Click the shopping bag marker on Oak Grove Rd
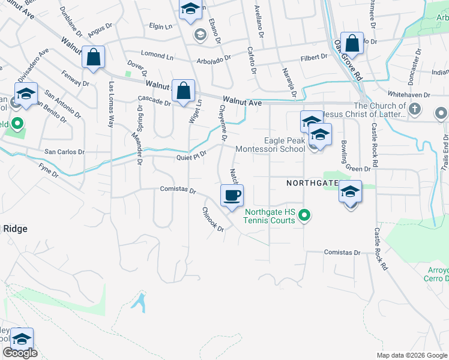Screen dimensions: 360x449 pos(352,43)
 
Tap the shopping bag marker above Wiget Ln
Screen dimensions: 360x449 pos(183,91)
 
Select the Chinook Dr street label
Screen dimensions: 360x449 pos(212,220)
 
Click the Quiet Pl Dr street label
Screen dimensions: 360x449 pos(191,156)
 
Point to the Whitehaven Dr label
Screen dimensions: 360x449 pos(409,95)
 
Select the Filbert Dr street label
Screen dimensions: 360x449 pos(314,57)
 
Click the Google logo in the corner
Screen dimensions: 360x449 pos(20,353)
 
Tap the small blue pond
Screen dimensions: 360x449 pos(139,300)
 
